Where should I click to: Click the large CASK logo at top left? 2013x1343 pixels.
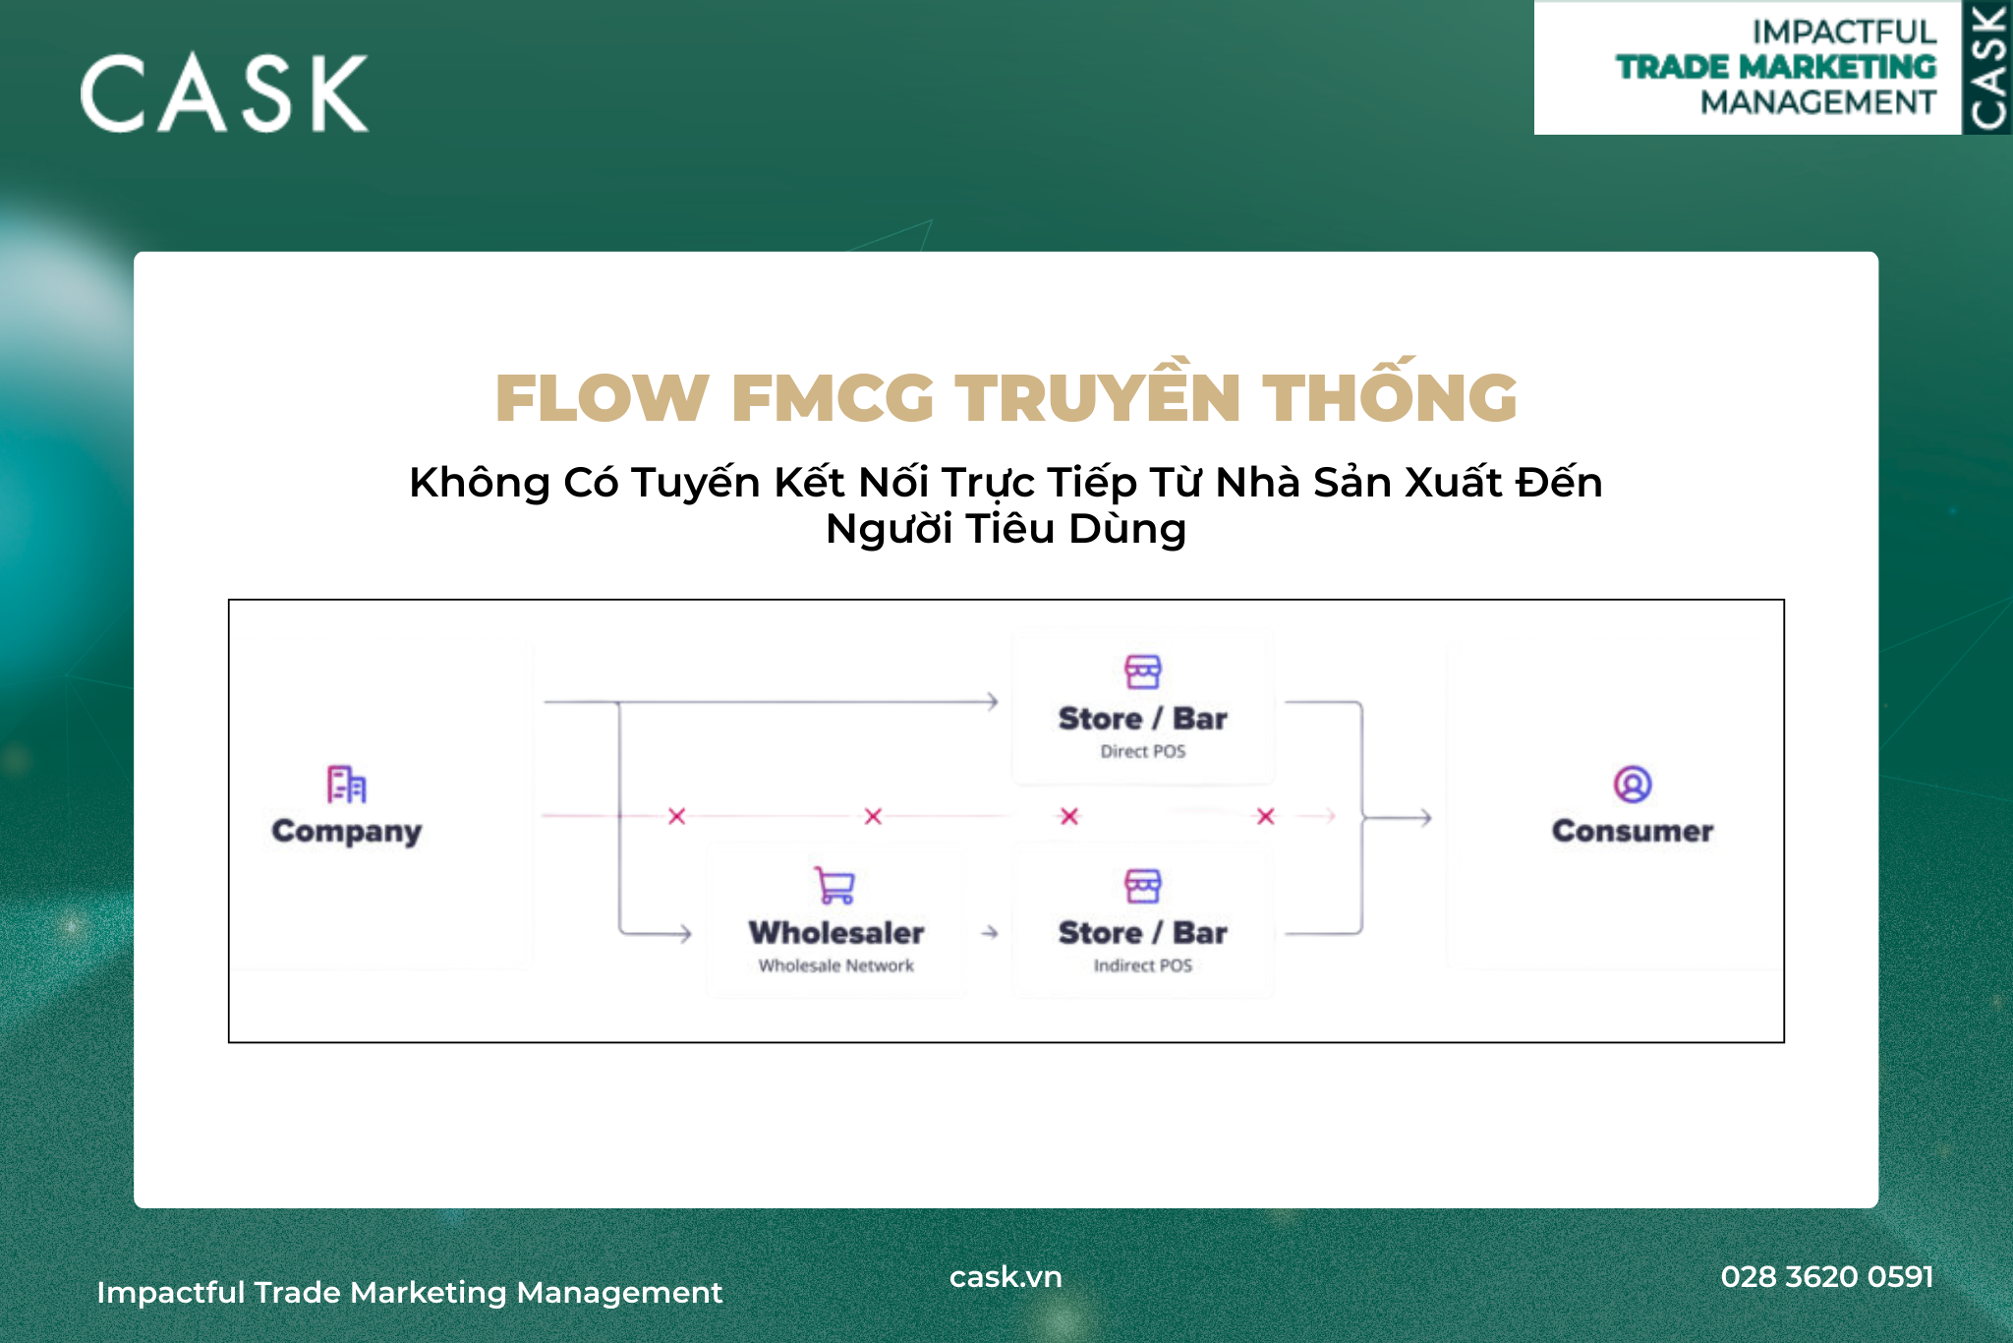224,93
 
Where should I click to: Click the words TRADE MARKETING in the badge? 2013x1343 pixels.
1776,67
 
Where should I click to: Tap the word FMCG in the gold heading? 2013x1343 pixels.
833,398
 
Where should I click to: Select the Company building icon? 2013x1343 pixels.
346,785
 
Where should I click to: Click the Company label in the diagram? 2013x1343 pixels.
347,832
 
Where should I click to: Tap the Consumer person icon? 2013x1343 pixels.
1633,785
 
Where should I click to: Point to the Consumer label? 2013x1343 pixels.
1633,831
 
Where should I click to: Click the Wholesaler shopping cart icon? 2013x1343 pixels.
835,885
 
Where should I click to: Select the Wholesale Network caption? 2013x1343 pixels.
836,965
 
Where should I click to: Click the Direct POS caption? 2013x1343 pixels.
1143,751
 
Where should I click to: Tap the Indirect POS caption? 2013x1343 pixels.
1143,965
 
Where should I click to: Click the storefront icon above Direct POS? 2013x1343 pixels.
1143,671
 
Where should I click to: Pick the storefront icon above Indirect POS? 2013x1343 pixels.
1143,886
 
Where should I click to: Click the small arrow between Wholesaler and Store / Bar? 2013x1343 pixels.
990,932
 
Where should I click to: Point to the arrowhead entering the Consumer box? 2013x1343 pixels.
1424,818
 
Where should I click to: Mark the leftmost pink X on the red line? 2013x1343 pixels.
677,816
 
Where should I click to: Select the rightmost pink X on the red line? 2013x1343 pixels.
1266,816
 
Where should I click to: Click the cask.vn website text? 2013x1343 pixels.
1006,1276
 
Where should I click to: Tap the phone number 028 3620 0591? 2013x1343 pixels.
1827,1276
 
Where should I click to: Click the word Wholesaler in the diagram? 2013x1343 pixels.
836,932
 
